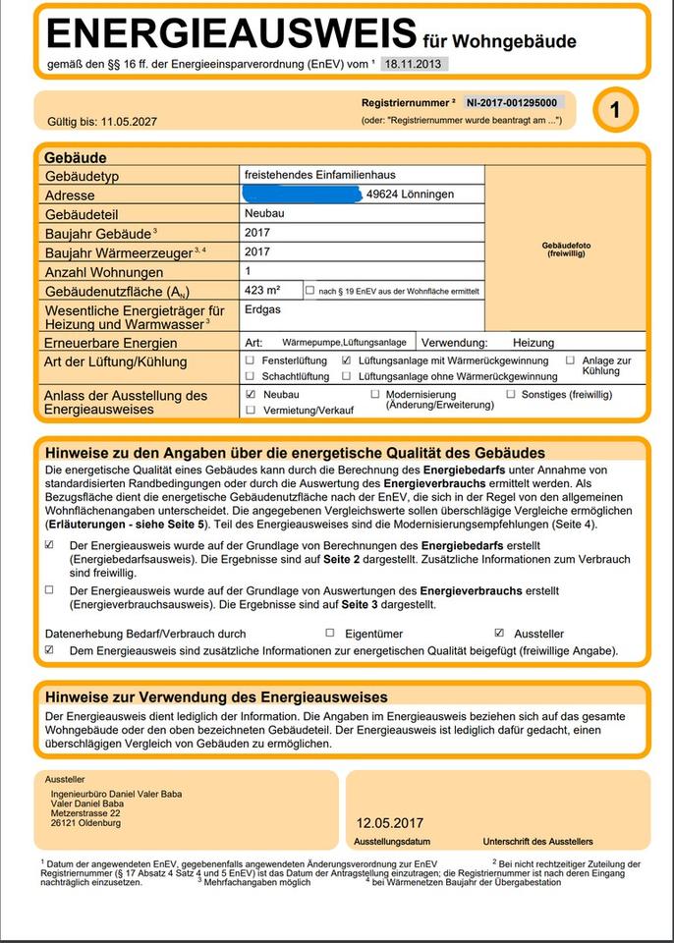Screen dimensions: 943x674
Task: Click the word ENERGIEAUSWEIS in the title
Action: point(231,34)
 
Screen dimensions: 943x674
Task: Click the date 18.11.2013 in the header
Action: point(413,64)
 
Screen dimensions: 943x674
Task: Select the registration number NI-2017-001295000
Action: point(512,102)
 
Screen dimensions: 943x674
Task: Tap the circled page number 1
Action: point(615,110)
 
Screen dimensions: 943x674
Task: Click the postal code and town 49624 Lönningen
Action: point(410,194)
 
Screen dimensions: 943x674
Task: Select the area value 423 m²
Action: point(262,291)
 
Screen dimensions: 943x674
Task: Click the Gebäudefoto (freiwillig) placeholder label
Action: point(567,250)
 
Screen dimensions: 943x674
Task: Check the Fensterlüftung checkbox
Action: point(251,361)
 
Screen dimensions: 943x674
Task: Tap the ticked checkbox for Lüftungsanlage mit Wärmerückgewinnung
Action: point(346,361)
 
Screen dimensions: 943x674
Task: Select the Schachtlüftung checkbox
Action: point(251,375)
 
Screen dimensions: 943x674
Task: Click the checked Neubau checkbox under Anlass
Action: point(251,394)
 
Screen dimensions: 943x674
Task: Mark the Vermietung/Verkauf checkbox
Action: point(251,410)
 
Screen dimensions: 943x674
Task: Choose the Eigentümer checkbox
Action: point(330,634)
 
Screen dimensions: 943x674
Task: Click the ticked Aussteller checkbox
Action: point(499,634)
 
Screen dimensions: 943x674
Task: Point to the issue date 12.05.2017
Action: point(389,823)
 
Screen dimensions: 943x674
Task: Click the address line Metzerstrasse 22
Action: point(85,813)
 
